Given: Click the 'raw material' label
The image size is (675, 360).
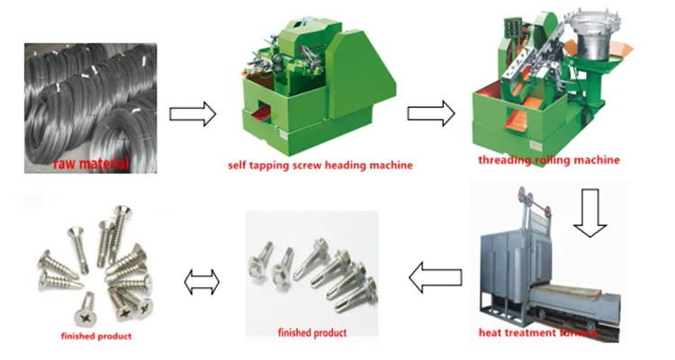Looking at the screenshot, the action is click(x=92, y=164).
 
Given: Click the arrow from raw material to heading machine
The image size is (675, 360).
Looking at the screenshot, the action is click(x=193, y=114).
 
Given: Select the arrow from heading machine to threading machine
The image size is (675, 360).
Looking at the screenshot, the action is click(x=429, y=112).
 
